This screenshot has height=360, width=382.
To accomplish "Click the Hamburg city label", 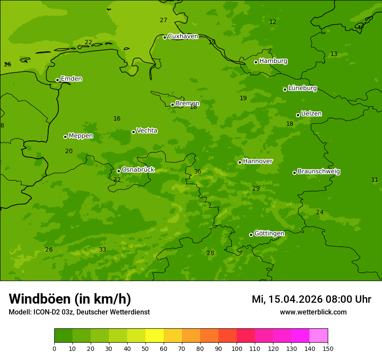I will click(273, 61).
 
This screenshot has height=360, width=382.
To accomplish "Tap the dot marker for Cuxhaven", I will click(165, 37).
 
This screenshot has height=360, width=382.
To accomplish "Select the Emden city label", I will click(71, 79).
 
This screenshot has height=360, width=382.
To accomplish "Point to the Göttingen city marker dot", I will click(251, 235).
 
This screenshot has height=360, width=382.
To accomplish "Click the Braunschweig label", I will click(319, 172).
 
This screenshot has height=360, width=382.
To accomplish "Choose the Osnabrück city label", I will click(138, 170).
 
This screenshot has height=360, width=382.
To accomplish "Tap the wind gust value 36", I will click(198, 172).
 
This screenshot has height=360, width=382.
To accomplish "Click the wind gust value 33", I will click(102, 250).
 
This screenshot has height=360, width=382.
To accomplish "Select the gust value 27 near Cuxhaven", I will click(163, 20).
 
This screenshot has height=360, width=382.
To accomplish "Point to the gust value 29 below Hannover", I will click(256, 189).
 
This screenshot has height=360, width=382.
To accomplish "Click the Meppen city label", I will click(81, 136).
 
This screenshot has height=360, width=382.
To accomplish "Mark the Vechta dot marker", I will click(133, 132).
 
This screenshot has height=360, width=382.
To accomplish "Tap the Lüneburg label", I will click(302, 88).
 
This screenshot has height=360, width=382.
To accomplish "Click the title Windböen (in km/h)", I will click(70, 299).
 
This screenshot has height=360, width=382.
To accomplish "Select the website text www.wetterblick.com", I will click(313, 312).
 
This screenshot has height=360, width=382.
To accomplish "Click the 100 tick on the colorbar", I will click(237, 348).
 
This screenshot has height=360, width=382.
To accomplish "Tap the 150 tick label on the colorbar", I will click(328, 348).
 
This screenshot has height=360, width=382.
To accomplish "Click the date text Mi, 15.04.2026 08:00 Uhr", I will click(311, 299).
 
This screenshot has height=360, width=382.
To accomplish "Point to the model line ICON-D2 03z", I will click(79, 312).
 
